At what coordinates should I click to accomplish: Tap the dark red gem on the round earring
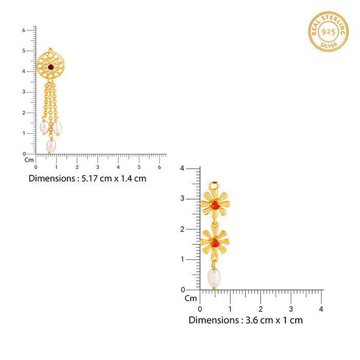(x=50, y=66)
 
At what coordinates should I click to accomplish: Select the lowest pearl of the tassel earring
(x=51, y=146)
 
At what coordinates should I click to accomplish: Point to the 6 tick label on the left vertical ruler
(x=24, y=30)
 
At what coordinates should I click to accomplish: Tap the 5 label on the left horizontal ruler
(x=139, y=167)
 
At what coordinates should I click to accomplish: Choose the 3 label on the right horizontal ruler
(x=291, y=309)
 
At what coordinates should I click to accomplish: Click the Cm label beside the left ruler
(x=29, y=159)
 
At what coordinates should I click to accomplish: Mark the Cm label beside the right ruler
(x=191, y=298)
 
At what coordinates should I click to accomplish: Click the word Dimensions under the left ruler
(x=51, y=178)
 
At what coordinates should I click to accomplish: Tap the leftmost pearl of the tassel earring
(x=45, y=128)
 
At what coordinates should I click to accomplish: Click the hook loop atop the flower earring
(x=214, y=186)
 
